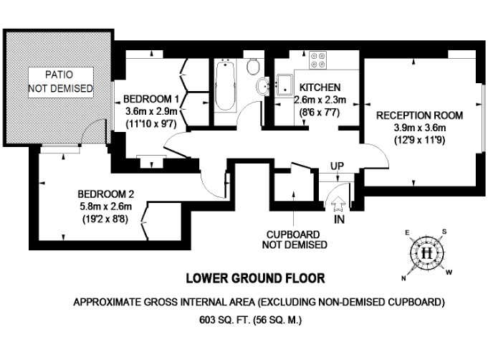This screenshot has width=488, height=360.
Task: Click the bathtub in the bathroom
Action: [x=225, y=85]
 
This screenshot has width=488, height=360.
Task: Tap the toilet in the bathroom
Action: [x=253, y=66]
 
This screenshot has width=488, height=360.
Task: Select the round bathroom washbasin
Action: [x=264, y=85]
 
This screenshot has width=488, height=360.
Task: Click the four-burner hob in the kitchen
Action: [x=317, y=60]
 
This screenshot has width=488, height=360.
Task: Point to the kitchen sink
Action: [x=284, y=85]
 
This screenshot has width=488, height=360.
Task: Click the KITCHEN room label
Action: [x=320, y=87]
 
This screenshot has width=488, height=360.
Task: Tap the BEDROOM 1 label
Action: [x=151, y=99]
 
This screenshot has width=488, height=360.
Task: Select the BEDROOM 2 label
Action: [x=106, y=194]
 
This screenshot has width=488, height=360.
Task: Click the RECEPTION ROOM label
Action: [x=419, y=115]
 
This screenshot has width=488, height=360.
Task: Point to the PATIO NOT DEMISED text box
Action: [x=61, y=82]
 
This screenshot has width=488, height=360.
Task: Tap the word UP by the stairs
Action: [x=337, y=166]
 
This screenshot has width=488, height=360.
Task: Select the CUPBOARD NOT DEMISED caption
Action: [x=295, y=240]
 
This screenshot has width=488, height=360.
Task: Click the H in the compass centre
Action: [x=426, y=252]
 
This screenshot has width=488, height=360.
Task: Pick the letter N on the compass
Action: [x=403, y=278]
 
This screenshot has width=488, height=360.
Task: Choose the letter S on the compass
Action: [x=444, y=232]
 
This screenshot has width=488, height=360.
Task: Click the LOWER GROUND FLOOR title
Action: [x=255, y=278]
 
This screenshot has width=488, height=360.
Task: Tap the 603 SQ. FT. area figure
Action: [x=225, y=320]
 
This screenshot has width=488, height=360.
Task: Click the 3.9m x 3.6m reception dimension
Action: [x=419, y=128]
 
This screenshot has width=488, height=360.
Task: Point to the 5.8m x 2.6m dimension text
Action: [x=106, y=207]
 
